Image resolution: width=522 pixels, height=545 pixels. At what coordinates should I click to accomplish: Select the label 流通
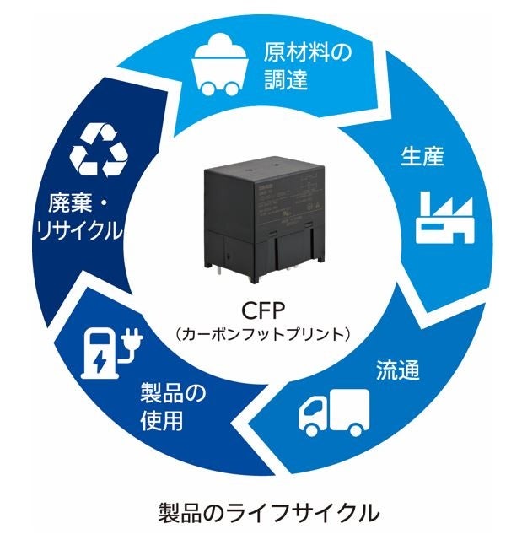[397, 371]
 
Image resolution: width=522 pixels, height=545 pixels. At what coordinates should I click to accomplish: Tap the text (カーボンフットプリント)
[262, 333]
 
